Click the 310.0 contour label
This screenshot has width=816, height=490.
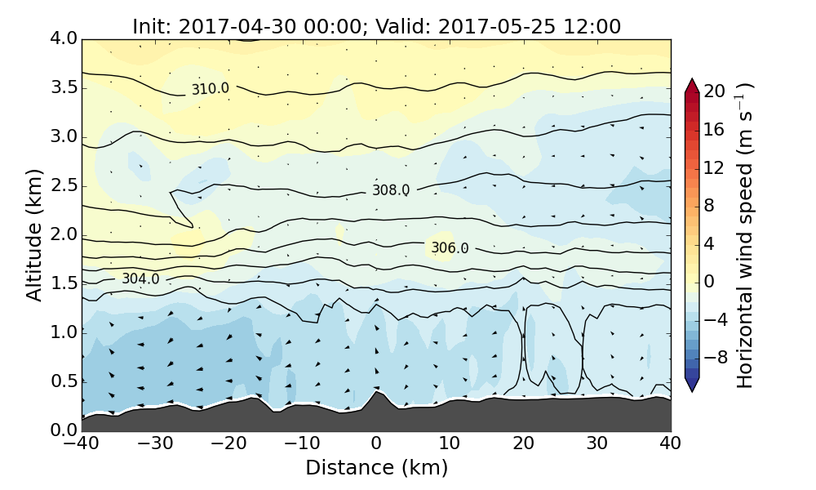pos(210,88)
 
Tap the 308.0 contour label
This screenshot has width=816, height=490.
pos(391,190)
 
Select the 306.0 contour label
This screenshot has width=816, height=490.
pos(450,248)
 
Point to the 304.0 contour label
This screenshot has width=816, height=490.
pos(140,279)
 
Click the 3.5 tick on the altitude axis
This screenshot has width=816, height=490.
pos(62,87)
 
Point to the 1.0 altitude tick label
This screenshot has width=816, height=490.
pos(62,332)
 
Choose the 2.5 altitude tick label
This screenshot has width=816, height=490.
pos(62,185)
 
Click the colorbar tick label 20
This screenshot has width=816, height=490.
pos(715,91)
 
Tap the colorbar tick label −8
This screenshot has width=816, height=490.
pos(715,357)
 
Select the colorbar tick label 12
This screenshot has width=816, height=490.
pos(715,167)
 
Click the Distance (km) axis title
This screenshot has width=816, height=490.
pos(376,468)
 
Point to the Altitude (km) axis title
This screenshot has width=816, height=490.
pos(34,234)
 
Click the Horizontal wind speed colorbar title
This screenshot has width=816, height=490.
pos(744,235)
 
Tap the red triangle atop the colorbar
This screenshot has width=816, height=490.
pos(692,85)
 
